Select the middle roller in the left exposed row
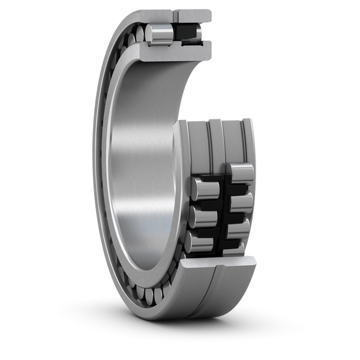click(x=200, y=215)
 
